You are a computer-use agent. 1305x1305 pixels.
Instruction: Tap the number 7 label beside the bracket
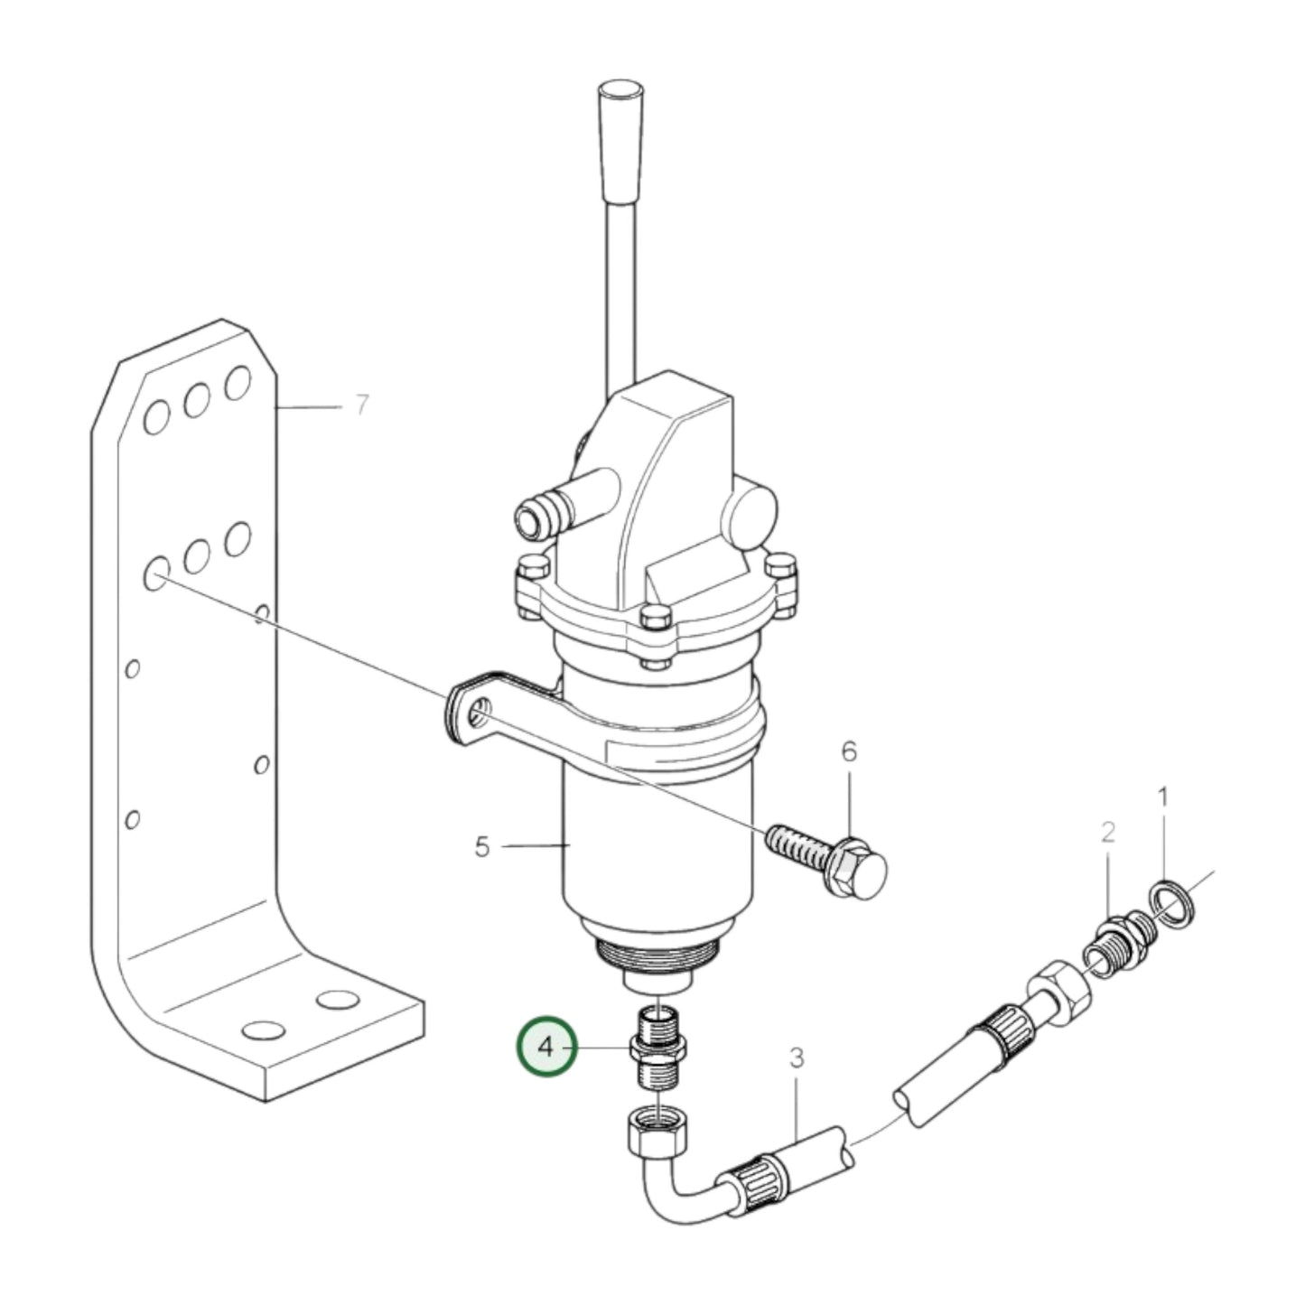362,405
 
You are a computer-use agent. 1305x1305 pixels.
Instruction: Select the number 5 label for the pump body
481,846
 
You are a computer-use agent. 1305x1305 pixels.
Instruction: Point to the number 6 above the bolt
849,751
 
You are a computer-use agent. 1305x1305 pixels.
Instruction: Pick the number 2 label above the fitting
1107,833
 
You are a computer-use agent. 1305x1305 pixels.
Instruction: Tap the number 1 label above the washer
1163,797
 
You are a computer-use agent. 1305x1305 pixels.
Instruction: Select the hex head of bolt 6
861,872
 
